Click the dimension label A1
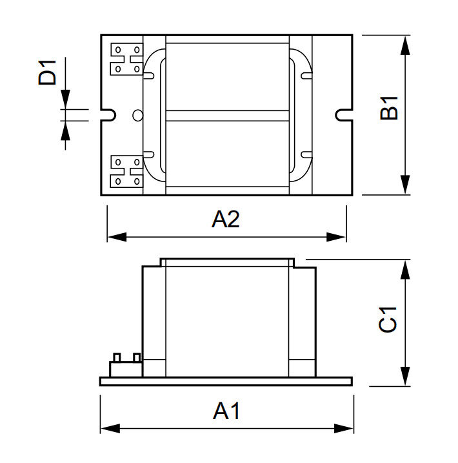[x=226, y=410]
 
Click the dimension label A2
[x=226, y=220]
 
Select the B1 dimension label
[x=388, y=108]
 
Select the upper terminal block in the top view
[x=126, y=59]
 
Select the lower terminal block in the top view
[x=126, y=171]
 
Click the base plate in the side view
[x=226, y=381]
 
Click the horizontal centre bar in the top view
[x=227, y=116]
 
